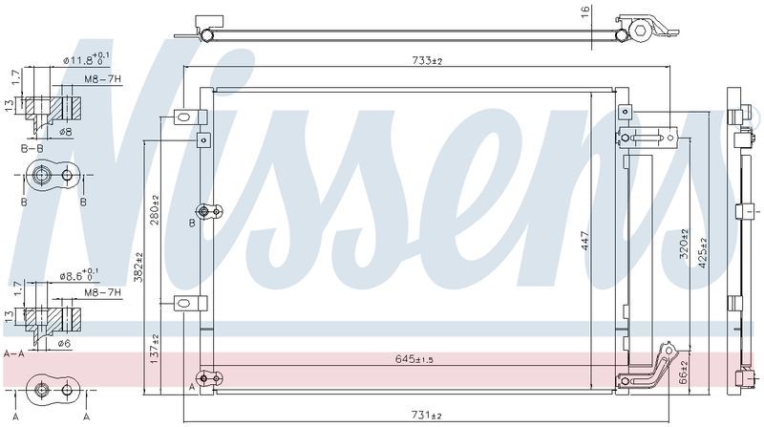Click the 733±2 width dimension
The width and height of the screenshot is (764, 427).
[x=427, y=61]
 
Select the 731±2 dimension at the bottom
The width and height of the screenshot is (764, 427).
[x=427, y=416]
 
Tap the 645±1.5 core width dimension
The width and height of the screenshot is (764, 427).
[x=414, y=360]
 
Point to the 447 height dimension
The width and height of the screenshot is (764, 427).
[x=585, y=241]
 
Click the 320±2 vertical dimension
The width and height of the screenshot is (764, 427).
[x=684, y=244]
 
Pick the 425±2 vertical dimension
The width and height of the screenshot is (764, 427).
[x=702, y=252]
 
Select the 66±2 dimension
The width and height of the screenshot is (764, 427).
[x=684, y=373]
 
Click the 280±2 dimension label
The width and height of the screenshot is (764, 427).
[x=154, y=209]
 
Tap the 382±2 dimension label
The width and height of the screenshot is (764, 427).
[x=138, y=267]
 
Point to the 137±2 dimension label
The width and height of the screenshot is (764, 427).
[x=154, y=349]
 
